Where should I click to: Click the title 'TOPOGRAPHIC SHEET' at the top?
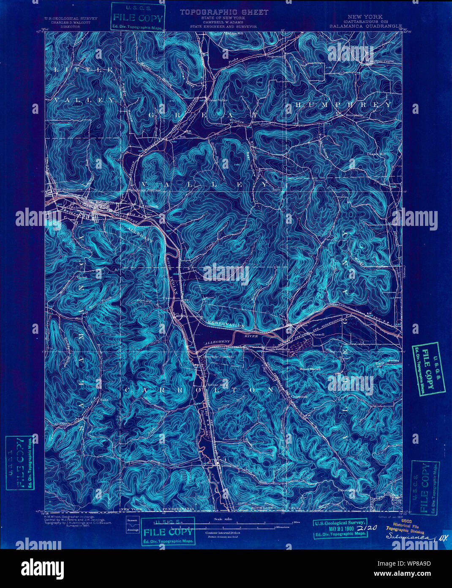224,12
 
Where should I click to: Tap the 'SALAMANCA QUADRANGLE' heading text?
366,26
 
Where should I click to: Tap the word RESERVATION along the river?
226,325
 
